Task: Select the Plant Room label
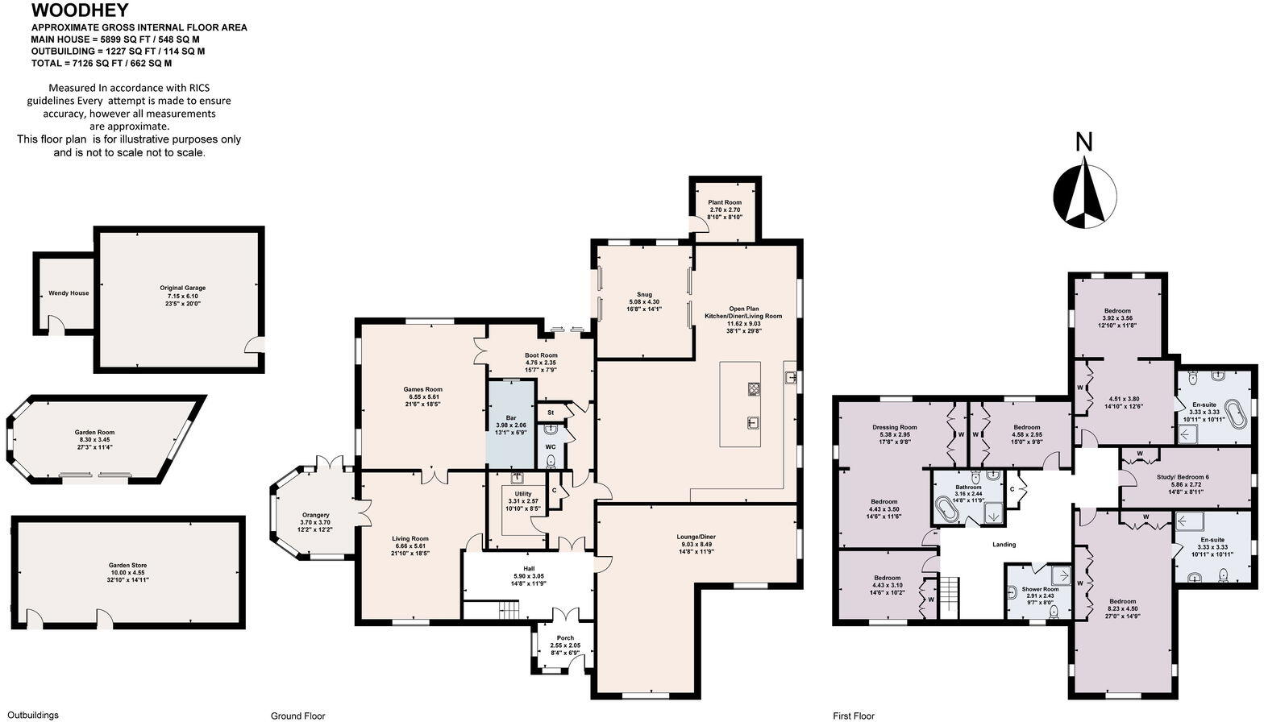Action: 725,203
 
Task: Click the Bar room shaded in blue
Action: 510,418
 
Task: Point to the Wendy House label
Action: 69,293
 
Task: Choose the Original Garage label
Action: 182,288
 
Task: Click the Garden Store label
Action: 127,566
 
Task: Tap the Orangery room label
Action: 315,516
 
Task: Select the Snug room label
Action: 644,295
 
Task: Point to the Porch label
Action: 565,638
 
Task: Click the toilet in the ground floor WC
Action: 551,462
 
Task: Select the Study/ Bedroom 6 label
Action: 1183,477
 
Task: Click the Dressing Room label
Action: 894,427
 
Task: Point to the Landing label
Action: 1004,545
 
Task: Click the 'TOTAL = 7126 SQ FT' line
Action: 101,63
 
